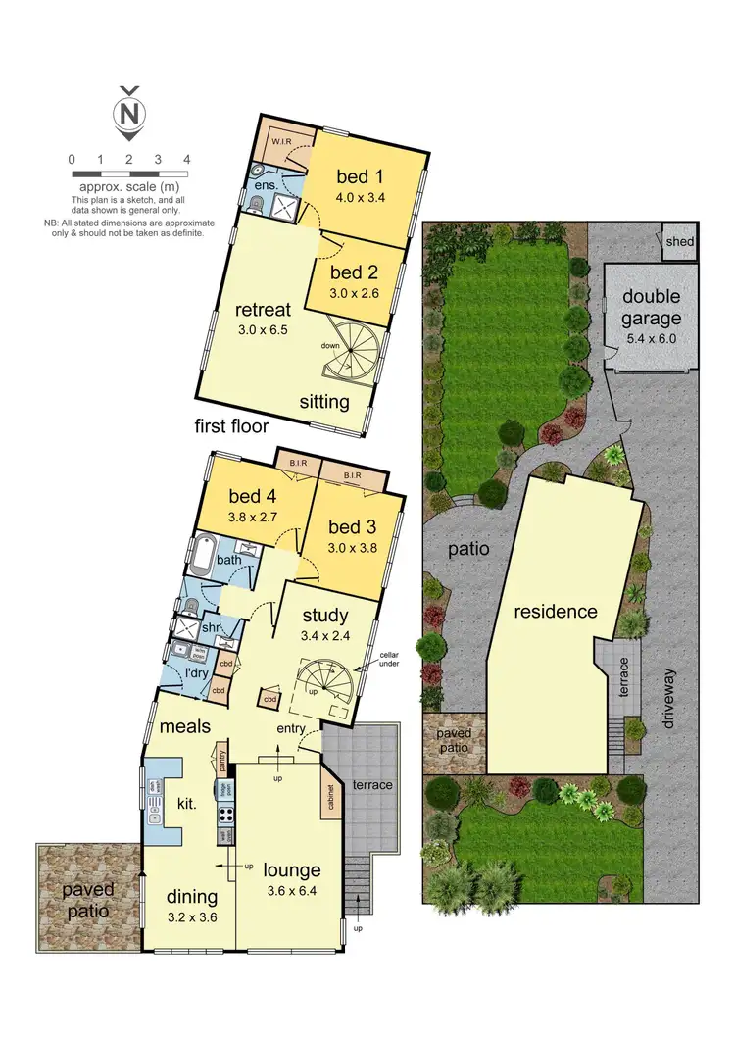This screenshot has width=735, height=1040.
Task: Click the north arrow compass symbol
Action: [x=128, y=113]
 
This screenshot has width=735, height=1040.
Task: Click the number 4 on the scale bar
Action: [x=186, y=159]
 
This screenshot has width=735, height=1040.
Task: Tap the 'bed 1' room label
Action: [x=360, y=177]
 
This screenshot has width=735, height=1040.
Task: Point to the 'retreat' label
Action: [x=262, y=310]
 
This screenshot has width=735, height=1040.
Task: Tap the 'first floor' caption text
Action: [x=231, y=426]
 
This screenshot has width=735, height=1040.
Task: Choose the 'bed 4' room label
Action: [x=253, y=495]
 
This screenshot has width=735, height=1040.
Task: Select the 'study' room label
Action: [x=324, y=616]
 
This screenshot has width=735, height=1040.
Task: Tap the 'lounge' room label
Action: [x=292, y=870]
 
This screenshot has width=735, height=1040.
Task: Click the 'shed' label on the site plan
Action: [x=679, y=242]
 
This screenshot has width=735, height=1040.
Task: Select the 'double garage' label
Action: [x=651, y=308]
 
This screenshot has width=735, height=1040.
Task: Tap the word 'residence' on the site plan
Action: [x=556, y=612]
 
